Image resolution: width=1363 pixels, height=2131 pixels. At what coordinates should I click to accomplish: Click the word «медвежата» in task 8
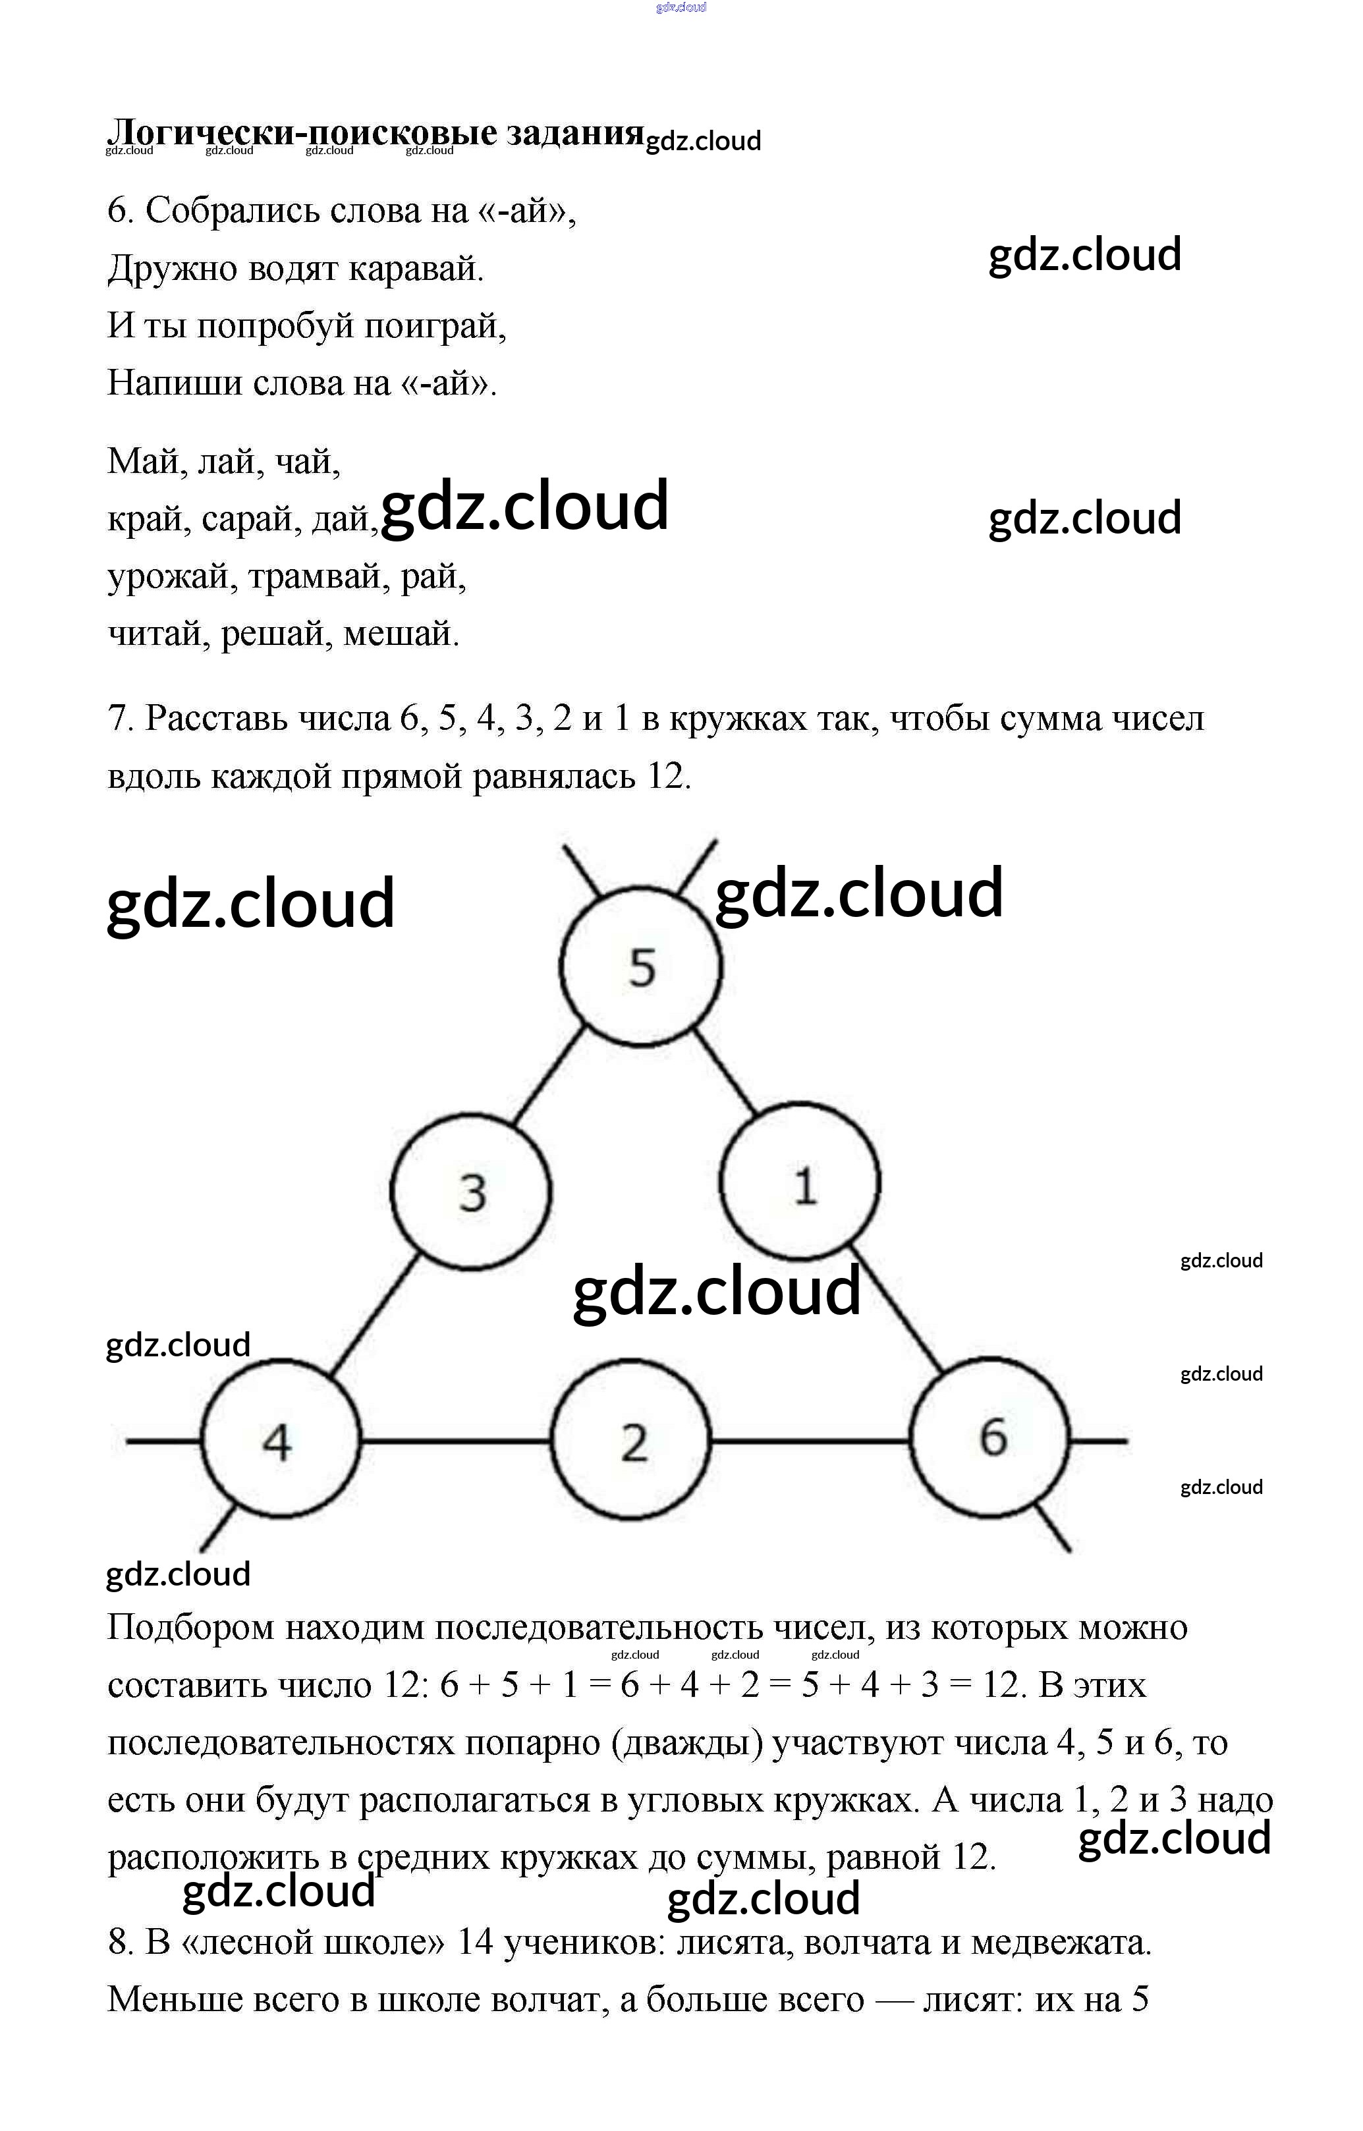coord(1062,1943)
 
